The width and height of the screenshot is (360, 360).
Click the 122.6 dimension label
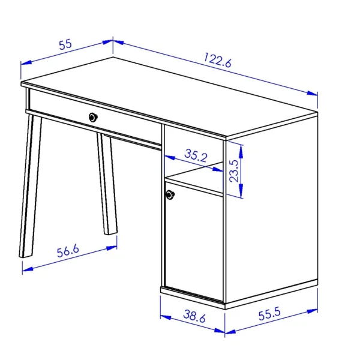pyautogui.click(x=218, y=60)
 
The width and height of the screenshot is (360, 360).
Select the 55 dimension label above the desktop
pyautogui.click(x=65, y=44)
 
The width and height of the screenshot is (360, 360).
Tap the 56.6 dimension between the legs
pyautogui.click(x=68, y=251)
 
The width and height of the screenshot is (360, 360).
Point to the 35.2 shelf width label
pyautogui.click(x=196, y=155)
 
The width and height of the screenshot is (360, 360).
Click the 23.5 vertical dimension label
pyautogui.click(x=234, y=171)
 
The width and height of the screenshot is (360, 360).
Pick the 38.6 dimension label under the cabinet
pyautogui.click(x=194, y=316)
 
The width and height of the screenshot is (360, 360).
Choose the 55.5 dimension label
pyautogui.click(x=269, y=314)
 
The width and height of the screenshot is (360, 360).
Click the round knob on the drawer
pyautogui.click(x=93, y=118)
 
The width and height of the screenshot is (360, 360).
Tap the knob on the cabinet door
pyautogui.click(x=170, y=194)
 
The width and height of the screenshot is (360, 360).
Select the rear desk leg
pyautogui.click(x=107, y=184)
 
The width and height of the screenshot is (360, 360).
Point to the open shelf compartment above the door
pyautogui.click(x=194, y=161)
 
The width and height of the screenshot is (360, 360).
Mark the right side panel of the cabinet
pyautogui.click(x=272, y=209)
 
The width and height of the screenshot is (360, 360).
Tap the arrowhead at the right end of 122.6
pyautogui.click(x=313, y=93)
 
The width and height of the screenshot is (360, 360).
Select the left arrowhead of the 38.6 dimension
pyautogui.click(x=166, y=317)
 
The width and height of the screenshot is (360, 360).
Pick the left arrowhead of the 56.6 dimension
pyautogui.click(x=28, y=269)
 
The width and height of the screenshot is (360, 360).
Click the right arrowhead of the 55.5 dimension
pyautogui.click(x=313, y=311)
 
